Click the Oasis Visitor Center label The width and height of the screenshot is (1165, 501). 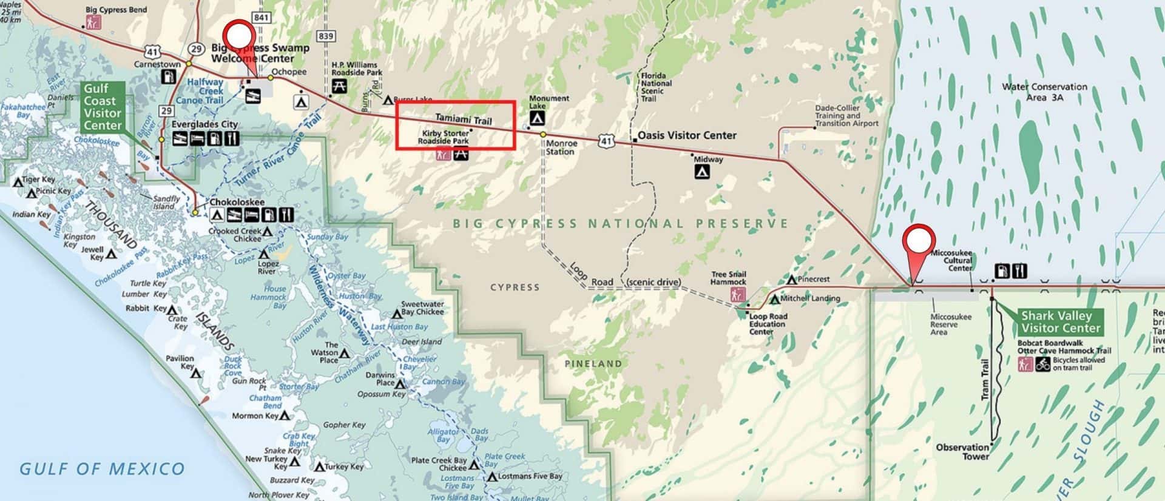point(687,135)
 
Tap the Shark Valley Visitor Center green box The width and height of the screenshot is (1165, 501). point(1060,322)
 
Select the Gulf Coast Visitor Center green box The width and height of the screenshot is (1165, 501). point(103,107)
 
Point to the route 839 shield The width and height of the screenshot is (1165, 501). point(326,36)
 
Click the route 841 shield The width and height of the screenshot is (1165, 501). point(261,18)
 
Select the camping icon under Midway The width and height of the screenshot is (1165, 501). point(702,172)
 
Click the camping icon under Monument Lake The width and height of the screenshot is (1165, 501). point(537,118)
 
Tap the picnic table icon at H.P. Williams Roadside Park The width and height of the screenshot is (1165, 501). point(340,86)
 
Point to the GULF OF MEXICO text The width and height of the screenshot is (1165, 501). point(102,469)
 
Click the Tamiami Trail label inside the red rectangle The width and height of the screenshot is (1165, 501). point(463,119)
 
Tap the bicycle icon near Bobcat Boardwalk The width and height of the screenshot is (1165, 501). point(1042,365)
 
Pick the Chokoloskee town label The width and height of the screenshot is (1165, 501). point(237,202)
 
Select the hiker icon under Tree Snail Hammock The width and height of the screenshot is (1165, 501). point(737,295)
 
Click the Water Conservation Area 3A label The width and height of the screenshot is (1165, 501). point(1044,92)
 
